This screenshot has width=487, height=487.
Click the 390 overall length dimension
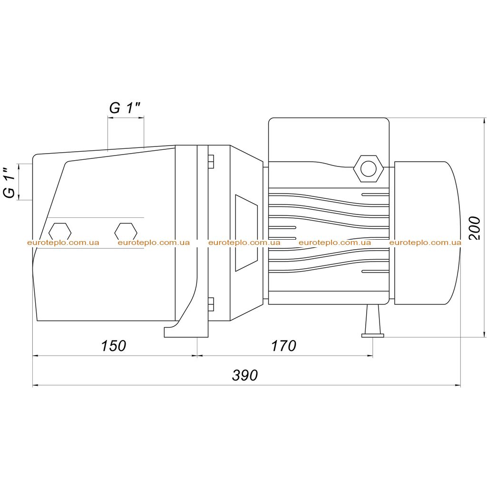[245, 375]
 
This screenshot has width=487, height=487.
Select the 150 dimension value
[114, 346]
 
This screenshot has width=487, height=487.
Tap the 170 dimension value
[283, 346]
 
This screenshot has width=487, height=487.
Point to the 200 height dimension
[474, 228]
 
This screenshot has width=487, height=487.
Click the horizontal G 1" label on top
[125, 108]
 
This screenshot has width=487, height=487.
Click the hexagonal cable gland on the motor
[369, 169]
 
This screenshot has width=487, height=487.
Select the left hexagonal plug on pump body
[60, 232]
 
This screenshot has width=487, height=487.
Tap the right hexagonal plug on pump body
[126, 232]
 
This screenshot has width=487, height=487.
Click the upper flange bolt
[211, 161]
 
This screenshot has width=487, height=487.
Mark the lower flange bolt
[211, 304]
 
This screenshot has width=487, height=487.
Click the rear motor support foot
[373, 321]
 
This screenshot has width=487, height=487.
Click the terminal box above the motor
[329, 140]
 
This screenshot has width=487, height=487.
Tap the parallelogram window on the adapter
[246, 233]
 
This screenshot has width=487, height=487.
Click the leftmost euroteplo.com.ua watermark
[63, 243]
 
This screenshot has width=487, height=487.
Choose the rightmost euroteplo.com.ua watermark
[425, 243]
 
